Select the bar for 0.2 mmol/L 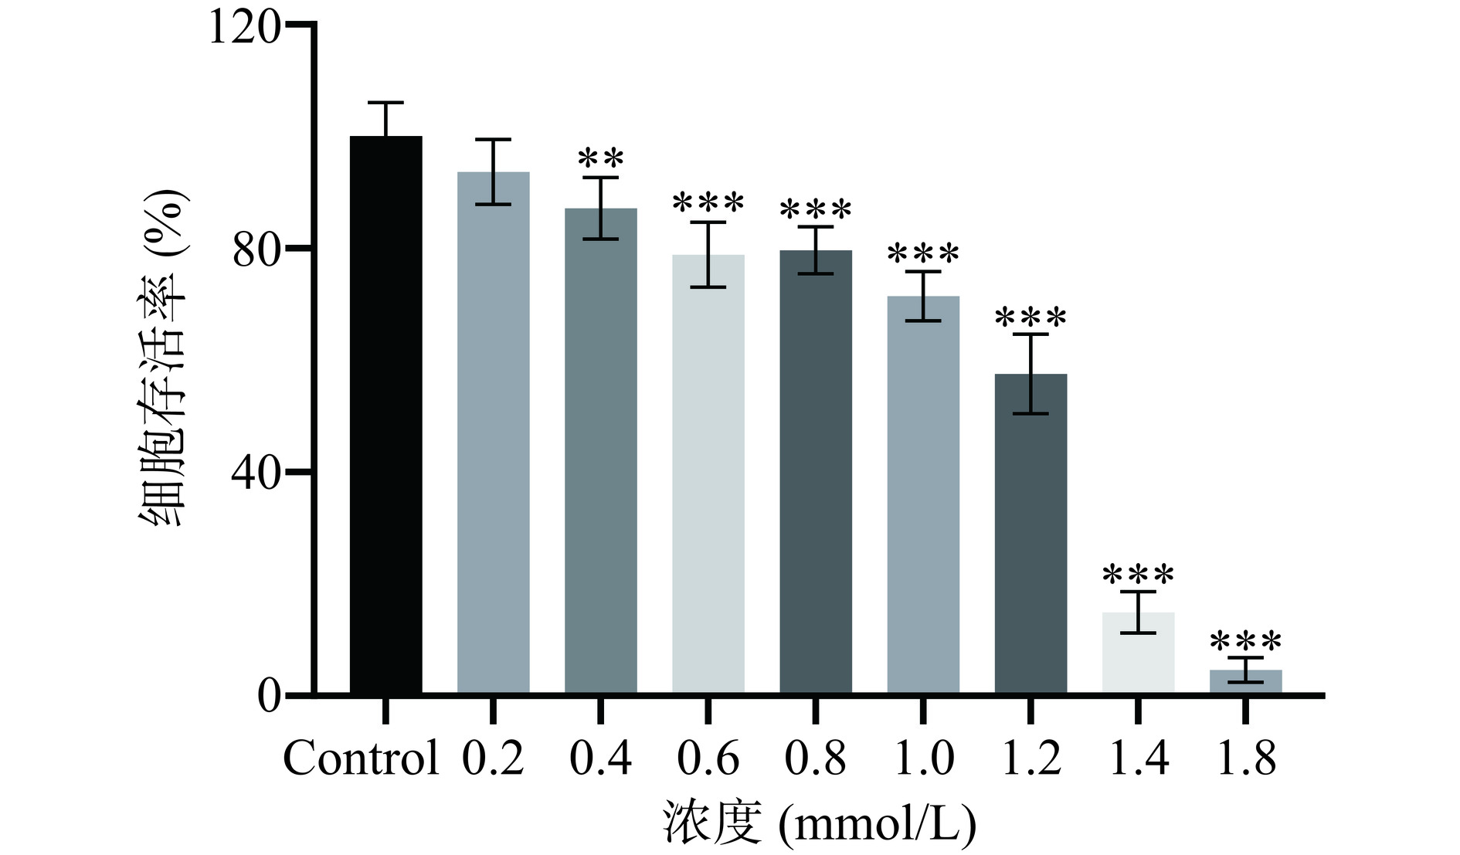[493, 433]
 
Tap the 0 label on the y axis [268, 696]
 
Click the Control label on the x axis [361, 758]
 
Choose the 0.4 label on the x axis [600, 758]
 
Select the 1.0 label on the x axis [923, 758]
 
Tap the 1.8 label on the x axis [1245, 758]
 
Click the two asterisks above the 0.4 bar [601, 159]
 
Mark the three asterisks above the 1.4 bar [1138, 575]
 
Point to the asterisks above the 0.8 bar [816, 209]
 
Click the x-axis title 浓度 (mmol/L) [819, 823]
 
